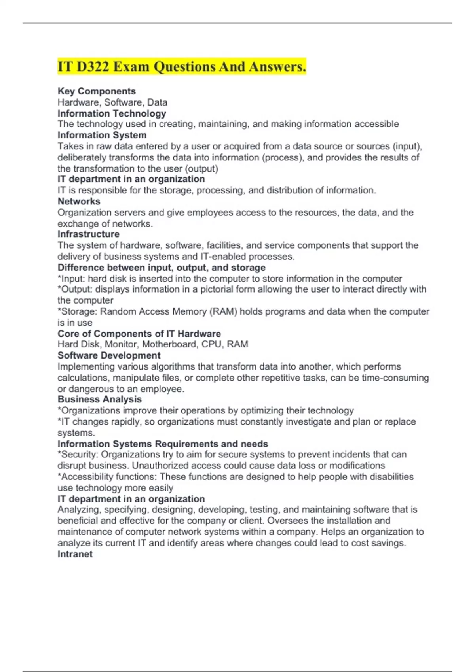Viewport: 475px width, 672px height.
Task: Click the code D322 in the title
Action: point(93,66)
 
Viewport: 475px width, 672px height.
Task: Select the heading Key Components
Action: point(97,91)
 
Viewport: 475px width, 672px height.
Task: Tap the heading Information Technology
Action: point(112,113)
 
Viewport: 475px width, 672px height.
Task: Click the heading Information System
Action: point(102,135)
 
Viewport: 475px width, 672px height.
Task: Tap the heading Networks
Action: point(79,201)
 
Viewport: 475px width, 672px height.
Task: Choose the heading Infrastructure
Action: point(88,234)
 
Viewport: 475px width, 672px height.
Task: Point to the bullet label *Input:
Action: point(71,279)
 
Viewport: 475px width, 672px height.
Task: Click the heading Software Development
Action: point(109,355)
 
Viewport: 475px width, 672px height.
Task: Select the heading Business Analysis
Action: point(99,399)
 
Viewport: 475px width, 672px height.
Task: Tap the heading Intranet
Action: point(75,554)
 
